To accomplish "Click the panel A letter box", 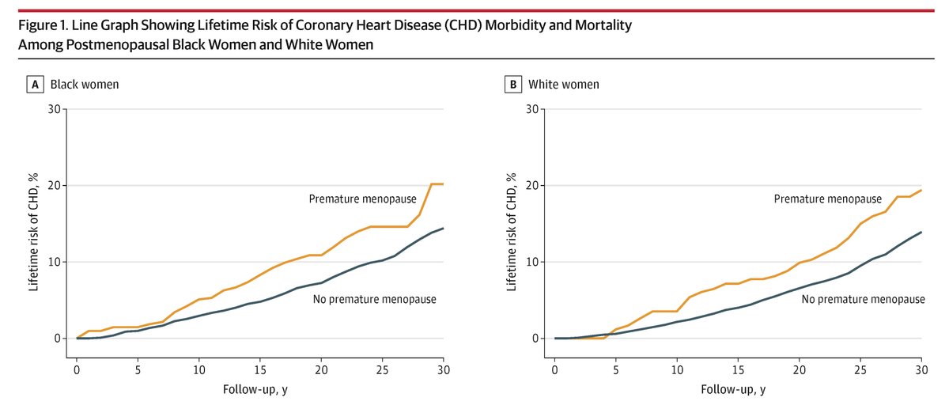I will click(36, 84).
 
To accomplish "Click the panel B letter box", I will click(514, 84).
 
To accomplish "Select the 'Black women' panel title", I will click(85, 84).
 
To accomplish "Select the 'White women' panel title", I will click(563, 84).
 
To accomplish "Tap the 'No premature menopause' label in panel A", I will click(376, 299).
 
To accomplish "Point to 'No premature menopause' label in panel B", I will click(864, 299).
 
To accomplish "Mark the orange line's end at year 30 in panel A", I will click(443, 184).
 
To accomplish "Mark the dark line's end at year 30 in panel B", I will click(921, 232).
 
